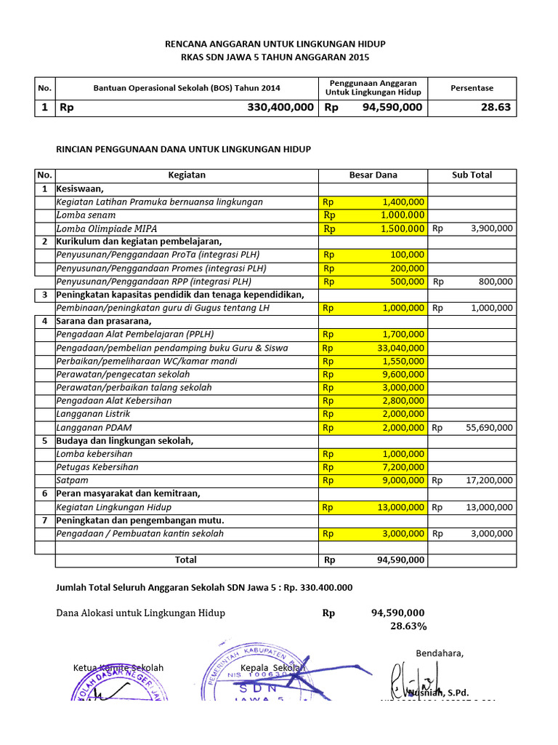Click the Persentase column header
[472, 88]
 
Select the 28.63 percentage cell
[495, 108]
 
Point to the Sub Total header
[472, 175]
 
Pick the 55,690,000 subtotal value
[488, 427]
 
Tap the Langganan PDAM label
[94, 427]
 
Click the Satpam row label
[71, 480]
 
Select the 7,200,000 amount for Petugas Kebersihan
[402, 467]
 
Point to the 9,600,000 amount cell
[402, 374]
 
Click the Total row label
[186, 560]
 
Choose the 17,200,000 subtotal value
[488, 480]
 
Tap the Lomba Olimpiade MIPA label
[107, 228]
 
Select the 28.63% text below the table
[408, 626]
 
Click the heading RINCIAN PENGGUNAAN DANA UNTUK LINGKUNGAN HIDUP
[184, 149]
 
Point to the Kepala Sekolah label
[272, 668]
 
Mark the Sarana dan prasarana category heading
[104, 321]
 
